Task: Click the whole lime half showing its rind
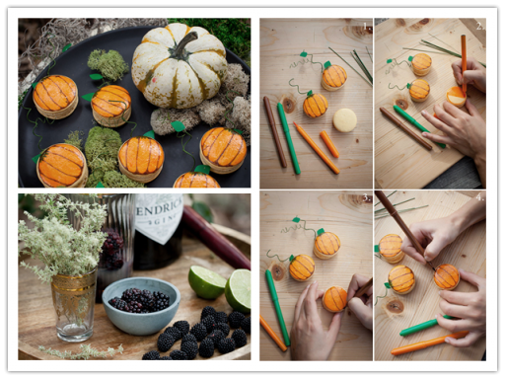pyautogui.click(x=208, y=281)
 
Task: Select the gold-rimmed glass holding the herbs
pyautogui.click(x=74, y=301)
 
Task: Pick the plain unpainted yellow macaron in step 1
pyautogui.click(x=345, y=119)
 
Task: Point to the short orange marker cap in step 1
pyautogui.click(x=329, y=144)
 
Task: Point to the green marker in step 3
pyautogui.click(x=277, y=306)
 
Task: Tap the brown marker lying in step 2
pyautogui.click(x=403, y=127)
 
